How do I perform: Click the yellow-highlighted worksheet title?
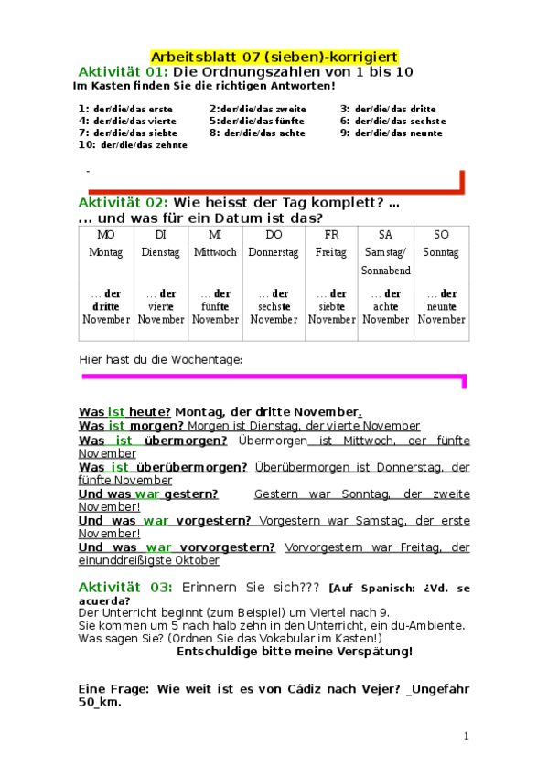click(274, 57)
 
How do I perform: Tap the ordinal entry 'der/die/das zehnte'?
click(144, 144)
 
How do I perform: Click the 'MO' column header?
click(105, 235)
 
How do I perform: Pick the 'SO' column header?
click(442, 235)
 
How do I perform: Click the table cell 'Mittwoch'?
click(216, 252)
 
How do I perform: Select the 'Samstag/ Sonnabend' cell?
click(386, 261)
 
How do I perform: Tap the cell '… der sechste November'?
click(274, 306)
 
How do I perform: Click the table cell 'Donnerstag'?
click(274, 252)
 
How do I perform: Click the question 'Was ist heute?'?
click(124, 412)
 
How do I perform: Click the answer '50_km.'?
click(101, 704)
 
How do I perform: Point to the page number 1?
click(466, 737)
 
